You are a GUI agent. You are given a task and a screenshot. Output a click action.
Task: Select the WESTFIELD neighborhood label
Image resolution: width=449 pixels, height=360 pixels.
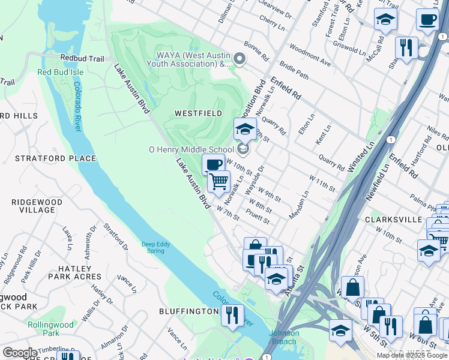pyautogui.click(x=198, y=113)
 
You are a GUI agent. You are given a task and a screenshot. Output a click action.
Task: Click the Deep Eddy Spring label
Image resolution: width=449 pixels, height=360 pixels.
pyautogui.click(x=156, y=247)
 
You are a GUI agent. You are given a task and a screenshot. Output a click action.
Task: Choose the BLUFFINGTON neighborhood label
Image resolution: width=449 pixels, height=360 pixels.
pyautogui.click(x=188, y=311)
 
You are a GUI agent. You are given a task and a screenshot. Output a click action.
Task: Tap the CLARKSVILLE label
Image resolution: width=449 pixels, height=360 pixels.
pyautogui.click(x=393, y=220)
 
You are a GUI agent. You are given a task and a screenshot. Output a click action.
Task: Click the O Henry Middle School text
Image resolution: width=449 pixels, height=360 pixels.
pyautogui.click(x=191, y=149)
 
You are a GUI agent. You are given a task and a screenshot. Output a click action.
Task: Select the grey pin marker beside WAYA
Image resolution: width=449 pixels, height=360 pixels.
pyautogui.click(x=240, y=59)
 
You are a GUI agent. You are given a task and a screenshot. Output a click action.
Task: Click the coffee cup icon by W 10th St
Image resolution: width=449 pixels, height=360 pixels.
pyautogui.click(x=212, y=165)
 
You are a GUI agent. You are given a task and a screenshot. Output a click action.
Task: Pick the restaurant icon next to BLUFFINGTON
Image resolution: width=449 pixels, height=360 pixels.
pyautogui.click(x=232, y=315)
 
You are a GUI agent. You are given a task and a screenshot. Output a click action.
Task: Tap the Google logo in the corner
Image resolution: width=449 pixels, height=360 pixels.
pyautogui.click(x=20, y=353)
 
